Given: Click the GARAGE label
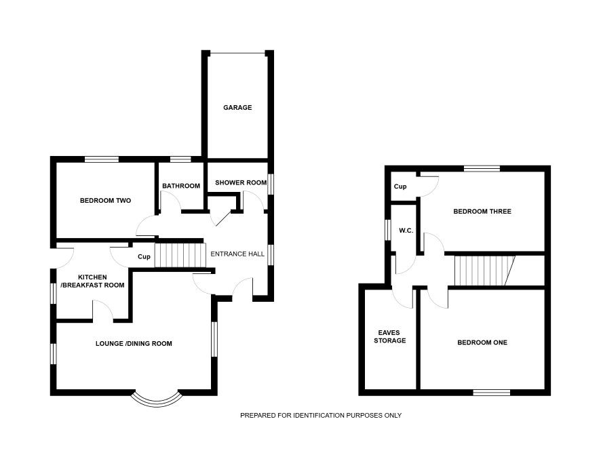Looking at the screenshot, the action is tap(237, 108).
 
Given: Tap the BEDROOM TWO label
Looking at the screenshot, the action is tap(105, 200).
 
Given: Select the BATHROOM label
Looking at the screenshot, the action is tap(181, 186).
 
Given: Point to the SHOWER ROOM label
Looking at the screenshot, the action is tap(241, 182).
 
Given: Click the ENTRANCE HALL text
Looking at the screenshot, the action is tap(237, 254).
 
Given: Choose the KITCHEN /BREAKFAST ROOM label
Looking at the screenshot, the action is tap(92, 281).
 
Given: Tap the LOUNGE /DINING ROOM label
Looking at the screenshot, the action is tap(134, 344).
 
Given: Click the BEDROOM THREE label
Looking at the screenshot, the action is tap(482, 212).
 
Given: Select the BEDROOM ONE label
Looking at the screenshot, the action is tap(482, 342).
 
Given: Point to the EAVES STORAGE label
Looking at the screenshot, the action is tap(390, 337).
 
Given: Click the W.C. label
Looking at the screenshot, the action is tap(406, 231).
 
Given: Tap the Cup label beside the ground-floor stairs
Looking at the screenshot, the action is tap(144, 257).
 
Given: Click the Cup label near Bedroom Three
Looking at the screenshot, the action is tap(400, 186).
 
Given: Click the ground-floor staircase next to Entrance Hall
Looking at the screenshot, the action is tap(180, 255).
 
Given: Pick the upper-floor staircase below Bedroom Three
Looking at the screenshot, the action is tap(484, 271).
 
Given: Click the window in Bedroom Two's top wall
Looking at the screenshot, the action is tap(102, 159).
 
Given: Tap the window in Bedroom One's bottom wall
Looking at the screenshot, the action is tap(491, 392).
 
